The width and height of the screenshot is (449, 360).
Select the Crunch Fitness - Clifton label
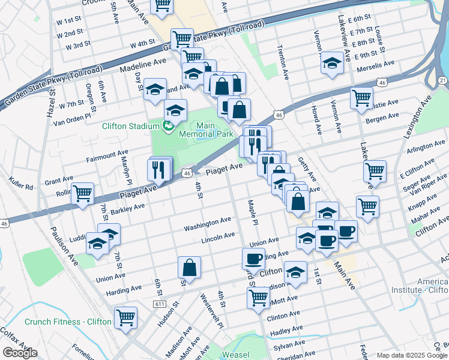[68, 322]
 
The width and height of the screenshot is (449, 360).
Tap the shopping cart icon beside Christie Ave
[361, 98]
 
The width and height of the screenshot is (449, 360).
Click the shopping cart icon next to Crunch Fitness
[125, 317]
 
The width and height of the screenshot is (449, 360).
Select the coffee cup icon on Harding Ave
[253, 259]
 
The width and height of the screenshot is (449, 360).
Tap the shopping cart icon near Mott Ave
[258, 297]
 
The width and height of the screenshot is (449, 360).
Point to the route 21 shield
[442, 80]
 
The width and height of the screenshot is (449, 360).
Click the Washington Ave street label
[208, 225]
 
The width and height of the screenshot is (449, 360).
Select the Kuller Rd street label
[21, 183]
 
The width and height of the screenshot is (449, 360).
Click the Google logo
[20, 353]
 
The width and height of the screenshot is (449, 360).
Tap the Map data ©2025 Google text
[412, 355]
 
